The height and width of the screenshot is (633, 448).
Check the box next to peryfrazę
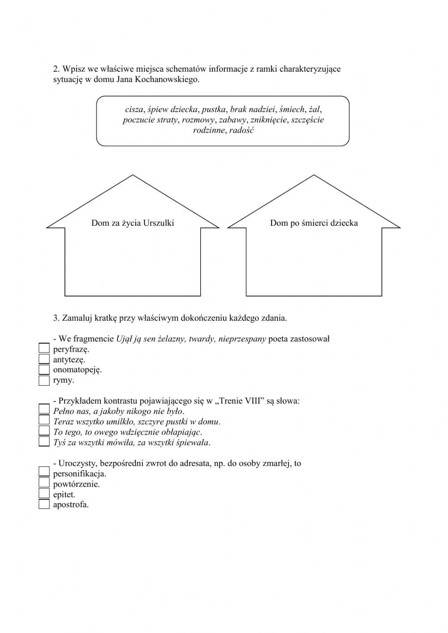[44, 349]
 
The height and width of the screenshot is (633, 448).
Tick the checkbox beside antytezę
[44, 359]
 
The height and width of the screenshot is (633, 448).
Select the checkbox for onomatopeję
[44, 370]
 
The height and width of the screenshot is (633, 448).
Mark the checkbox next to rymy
[44, 380]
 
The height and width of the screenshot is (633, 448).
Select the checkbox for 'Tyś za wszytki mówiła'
[44, 442]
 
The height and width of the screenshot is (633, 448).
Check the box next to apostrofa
[44, 504]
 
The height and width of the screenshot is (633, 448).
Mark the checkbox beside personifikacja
[44, 473]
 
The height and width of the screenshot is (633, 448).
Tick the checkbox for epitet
[44, 494]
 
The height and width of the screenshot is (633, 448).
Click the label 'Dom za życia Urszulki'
[133, 223]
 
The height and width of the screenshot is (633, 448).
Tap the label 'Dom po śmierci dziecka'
[314, 223]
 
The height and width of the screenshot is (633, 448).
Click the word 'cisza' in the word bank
[134, 109]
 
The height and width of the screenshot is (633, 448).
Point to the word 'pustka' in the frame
[214, 109]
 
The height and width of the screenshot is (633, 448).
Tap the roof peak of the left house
[133, 176]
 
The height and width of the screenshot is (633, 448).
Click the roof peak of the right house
[314, 176]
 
